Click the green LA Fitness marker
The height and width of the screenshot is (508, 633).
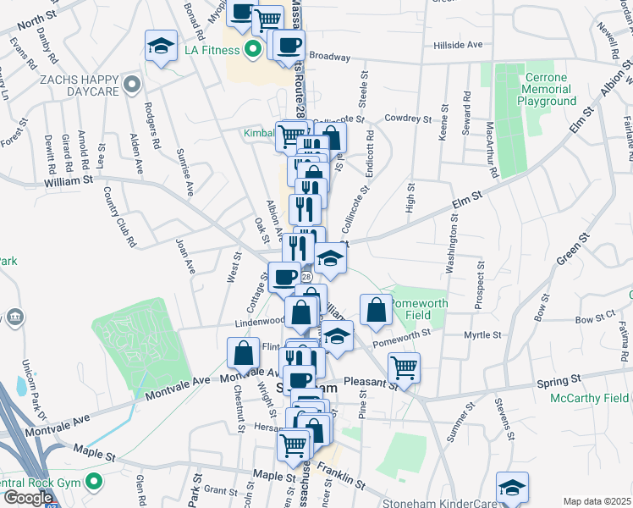point(251,50)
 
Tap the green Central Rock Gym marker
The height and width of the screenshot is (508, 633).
point(93,484)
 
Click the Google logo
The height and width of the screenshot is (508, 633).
point(28,498)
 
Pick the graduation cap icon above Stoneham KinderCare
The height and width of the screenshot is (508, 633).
point(511,488)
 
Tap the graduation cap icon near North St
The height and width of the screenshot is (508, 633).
point(160,47)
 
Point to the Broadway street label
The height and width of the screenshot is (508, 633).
point(329,57)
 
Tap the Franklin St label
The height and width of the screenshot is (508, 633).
point(342,474)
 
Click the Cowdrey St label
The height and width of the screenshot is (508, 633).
point(405,119)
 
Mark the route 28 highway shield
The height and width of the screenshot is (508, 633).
point(305,277)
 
